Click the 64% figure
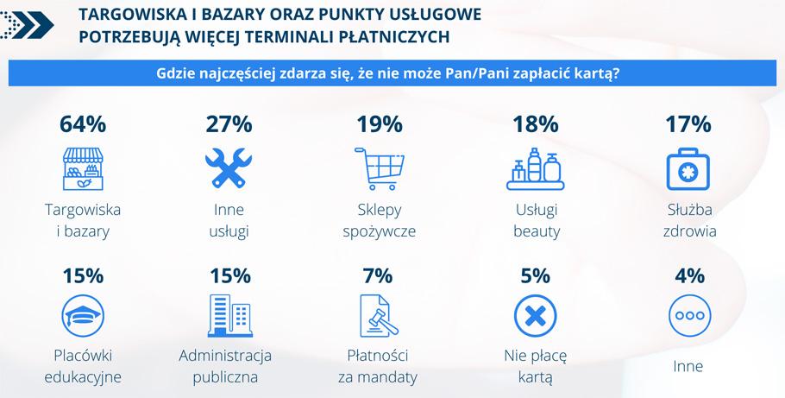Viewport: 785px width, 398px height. [83, 124]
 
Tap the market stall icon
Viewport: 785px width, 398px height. [83, 169]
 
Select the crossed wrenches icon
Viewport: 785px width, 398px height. [229, 168]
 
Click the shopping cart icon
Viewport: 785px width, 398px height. [380, 168]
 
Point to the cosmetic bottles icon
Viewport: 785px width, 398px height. [535, 169]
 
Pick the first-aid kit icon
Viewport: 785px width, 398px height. [688, 169]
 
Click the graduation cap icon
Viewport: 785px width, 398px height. [83, 316]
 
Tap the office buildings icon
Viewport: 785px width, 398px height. [229, 316]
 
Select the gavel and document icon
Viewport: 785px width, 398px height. [379, 316]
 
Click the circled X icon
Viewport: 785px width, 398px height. [535, 316]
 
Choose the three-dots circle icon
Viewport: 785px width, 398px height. [689, 316]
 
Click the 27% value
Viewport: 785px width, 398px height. [229, 124]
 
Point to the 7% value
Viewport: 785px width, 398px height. [378, 275]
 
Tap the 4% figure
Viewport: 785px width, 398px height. [689, 275]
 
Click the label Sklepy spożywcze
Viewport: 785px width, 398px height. [379, 220]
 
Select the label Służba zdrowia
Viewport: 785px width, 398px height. [689, 220]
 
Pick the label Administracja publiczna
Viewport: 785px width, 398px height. [225, 366]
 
